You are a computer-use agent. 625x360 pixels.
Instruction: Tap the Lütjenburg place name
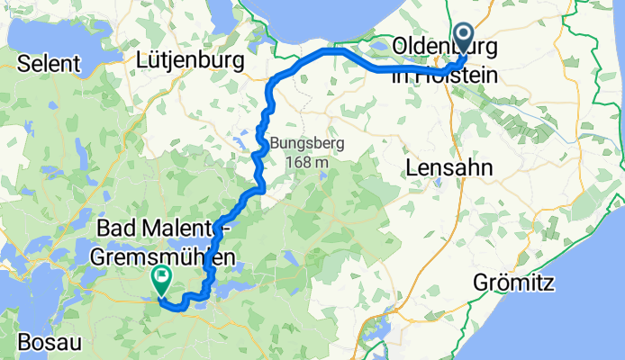click(192, 60)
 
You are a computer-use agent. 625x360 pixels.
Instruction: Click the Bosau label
click(33, 343)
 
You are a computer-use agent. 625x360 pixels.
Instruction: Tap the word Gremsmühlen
click(168, 256)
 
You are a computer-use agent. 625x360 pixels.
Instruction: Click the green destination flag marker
click(162, 280)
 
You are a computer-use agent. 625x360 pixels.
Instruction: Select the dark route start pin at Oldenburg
click(464, 39)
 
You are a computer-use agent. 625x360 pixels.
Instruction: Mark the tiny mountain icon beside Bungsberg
click(264, 142)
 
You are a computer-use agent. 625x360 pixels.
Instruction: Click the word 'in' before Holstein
click(402, 75)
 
